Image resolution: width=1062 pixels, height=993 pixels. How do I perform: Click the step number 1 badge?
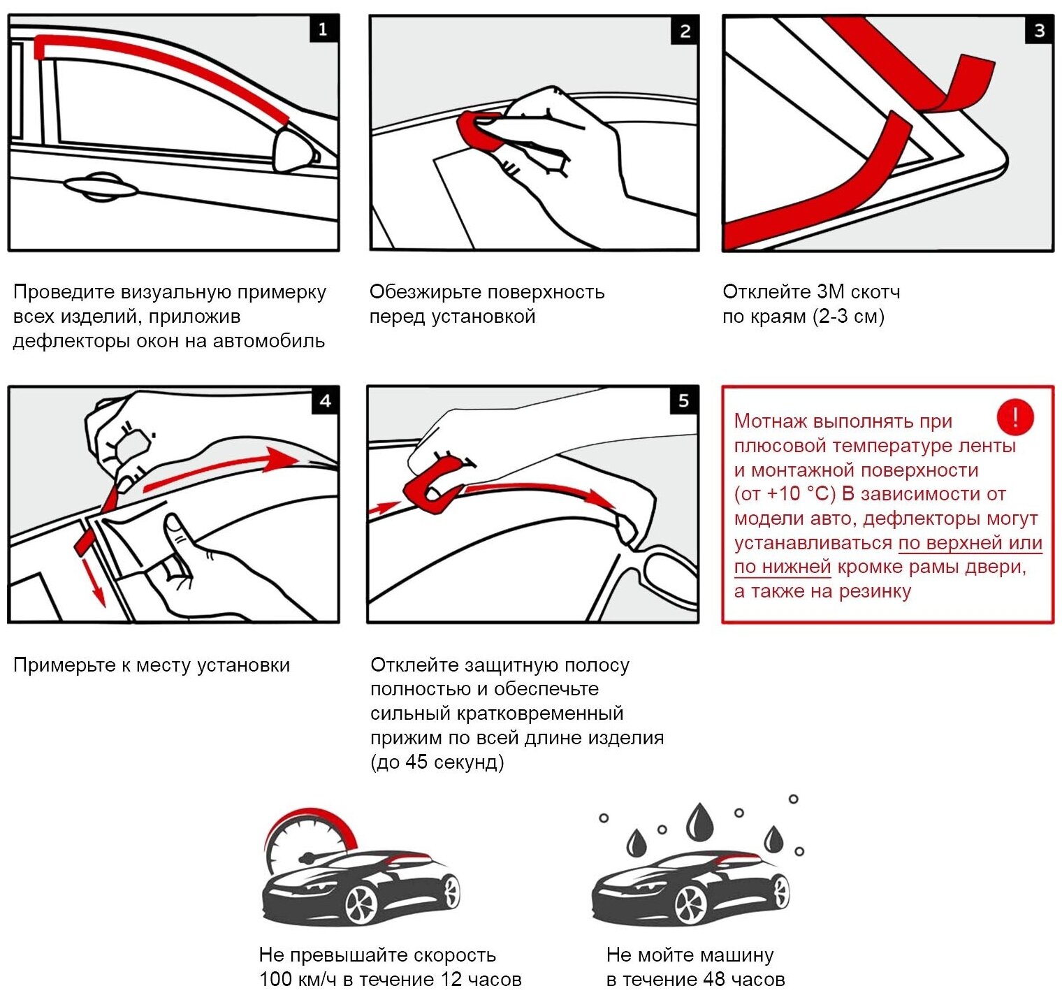point(323,29)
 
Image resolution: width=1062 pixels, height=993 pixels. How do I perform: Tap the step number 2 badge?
point(685,31)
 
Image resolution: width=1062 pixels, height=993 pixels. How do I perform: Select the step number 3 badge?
point(1039,30)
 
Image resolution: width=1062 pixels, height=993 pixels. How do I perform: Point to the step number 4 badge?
point(325,401)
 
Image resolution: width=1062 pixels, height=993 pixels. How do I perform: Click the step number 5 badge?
point(683,401)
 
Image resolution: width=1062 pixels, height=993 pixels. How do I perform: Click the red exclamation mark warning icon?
point(1014,417)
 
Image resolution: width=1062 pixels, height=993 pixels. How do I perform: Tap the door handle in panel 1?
point(100,187)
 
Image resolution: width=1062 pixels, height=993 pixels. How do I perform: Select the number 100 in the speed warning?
point(276,980)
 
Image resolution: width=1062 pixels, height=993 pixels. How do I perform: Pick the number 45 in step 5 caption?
point(417,762)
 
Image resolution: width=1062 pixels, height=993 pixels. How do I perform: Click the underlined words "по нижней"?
point(782,567)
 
